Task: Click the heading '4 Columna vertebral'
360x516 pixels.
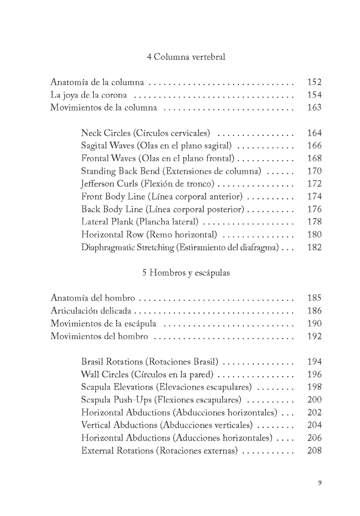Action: pos(186,57)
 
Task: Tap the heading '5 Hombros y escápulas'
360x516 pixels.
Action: pos(186,273)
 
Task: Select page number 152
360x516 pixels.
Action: pos(315,82)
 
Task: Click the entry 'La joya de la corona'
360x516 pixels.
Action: pos(89,95)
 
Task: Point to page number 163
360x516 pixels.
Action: pos(315,108)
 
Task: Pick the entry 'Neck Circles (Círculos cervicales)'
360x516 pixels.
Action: pos(145,133)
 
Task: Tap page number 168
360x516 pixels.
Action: pos(315,158)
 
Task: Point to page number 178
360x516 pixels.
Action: pos(315,222)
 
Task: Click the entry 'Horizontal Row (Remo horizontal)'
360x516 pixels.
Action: pos(142,235)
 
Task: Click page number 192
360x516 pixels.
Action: pos(315,336)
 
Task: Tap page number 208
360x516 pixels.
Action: pos(315,450)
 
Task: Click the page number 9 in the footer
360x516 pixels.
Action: pos(320,483)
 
